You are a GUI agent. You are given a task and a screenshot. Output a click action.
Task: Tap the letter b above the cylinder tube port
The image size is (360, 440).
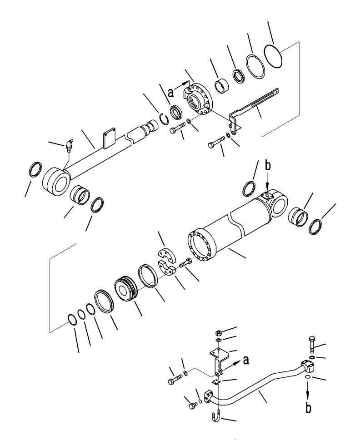coord(268,166)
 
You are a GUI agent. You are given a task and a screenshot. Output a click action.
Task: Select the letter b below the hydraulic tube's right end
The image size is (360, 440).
coord(308,408)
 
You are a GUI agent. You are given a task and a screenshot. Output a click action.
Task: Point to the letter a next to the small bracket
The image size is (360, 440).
coord(246,360)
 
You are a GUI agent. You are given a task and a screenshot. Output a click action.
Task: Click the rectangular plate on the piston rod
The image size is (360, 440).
coord(110,138)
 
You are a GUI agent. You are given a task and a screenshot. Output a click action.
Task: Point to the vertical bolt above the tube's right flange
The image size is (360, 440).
coord(311,344)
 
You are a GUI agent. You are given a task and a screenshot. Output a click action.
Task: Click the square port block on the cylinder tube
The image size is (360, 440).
coord(267,195)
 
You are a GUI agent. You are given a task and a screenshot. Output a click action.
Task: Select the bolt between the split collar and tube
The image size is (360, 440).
coord(185,263)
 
